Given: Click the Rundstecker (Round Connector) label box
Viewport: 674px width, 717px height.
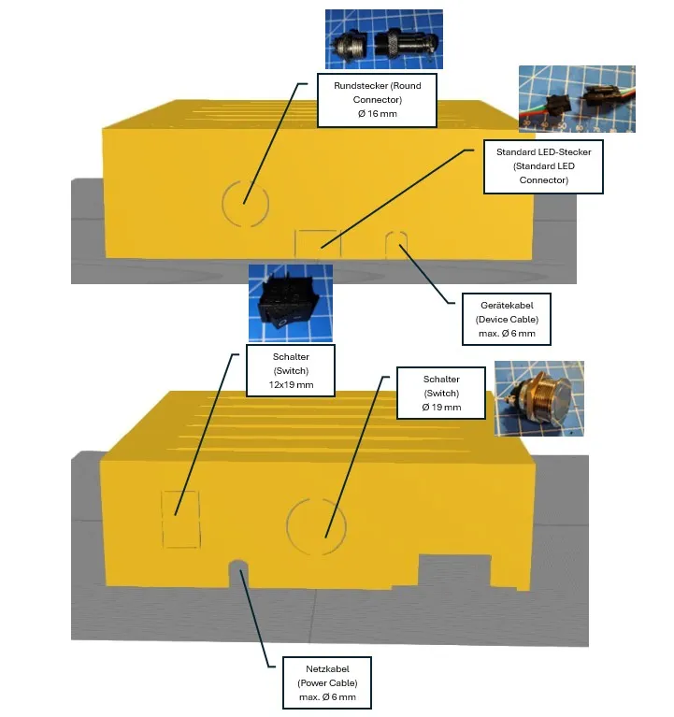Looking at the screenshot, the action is (377, 100).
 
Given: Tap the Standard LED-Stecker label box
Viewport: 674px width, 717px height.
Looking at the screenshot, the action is (543, 166).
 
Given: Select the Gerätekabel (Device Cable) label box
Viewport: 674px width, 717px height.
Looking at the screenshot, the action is (507, 319).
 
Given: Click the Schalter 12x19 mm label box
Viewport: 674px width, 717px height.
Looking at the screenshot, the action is (291, 370).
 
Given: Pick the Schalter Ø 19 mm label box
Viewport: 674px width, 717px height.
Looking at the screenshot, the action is (441, 393).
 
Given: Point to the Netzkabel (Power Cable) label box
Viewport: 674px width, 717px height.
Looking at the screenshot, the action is (327, 682).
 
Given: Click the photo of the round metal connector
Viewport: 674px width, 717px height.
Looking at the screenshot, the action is (384, 39).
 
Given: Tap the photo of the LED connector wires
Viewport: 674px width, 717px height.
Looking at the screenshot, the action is (577, 99).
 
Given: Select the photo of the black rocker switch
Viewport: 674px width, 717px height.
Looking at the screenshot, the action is (291, 303).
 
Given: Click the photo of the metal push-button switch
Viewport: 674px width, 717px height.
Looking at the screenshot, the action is (539, 398).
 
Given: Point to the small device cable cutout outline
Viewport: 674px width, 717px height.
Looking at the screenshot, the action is (396, 232).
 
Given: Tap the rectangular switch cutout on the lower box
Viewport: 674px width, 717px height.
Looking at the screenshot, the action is (163, 520).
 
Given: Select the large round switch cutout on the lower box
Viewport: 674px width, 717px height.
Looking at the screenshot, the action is (288, 527).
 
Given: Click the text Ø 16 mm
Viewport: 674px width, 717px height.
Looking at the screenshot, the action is (378, 114).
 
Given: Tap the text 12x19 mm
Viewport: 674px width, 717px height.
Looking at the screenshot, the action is (291, 384).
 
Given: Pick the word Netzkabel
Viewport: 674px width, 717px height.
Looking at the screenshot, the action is (327, 669).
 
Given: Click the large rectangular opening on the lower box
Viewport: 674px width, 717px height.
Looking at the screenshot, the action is (455, 570).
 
